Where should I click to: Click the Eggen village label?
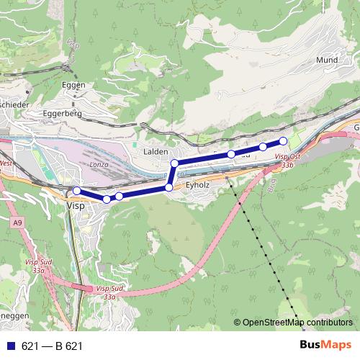74,85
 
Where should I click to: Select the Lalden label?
156,152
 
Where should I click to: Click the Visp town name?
75,205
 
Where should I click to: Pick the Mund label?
327,60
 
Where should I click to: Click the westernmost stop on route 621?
76,190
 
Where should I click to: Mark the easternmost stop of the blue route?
283,140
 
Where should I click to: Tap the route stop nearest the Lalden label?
174,164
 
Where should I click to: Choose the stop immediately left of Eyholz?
169,187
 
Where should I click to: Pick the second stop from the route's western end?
107,199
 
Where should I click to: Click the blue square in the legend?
11,346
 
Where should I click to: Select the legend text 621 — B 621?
52,346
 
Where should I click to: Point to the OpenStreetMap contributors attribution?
294,322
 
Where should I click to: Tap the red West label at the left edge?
6,163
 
